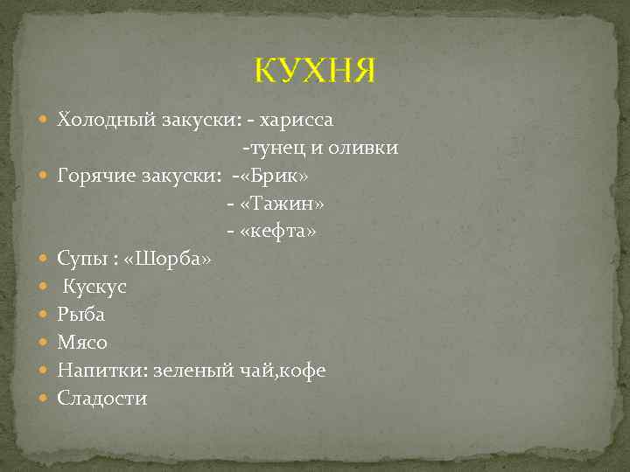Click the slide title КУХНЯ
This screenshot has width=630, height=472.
click(x=315, y=70)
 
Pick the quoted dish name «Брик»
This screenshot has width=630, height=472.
click(x=273, y=176)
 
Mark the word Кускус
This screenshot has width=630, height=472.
click(x=94, y=287)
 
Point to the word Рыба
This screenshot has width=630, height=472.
click(x=81, y=315)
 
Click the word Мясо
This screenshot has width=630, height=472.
click(x=82, y=343)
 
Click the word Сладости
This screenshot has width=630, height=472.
click(x=102, y=399)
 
